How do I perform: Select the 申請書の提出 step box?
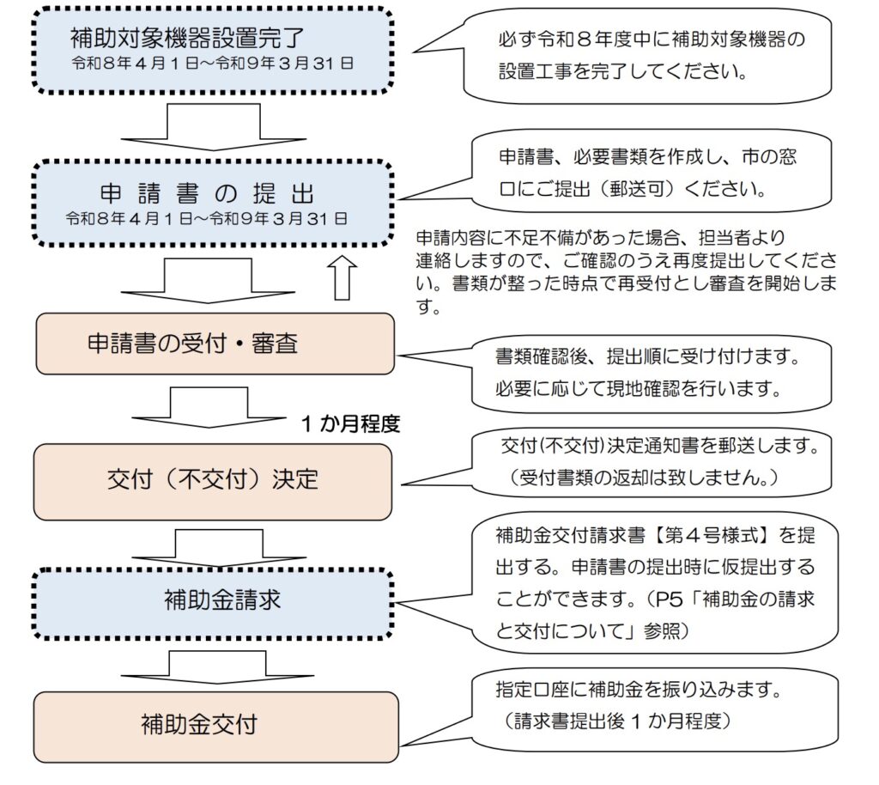pyautogui.click(x=212, y=202)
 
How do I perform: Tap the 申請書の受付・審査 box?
pyautogui.click(x=214, y=344)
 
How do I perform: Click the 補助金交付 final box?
pyautogui.click(x=215, y=724)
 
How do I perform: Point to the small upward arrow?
pyautogui.click(x=343, y=277)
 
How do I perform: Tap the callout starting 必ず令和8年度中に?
pyautogui.click(x=650, y=55)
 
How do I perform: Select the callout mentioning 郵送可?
pyautogui.click(x=650, y=172)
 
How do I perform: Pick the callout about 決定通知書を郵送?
pyautogui.click(x=655, y=463)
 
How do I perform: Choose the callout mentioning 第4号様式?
pyautogui.click(x=655, y=582)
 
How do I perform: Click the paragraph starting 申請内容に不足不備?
pyautogui.click(x=626, y=271)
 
